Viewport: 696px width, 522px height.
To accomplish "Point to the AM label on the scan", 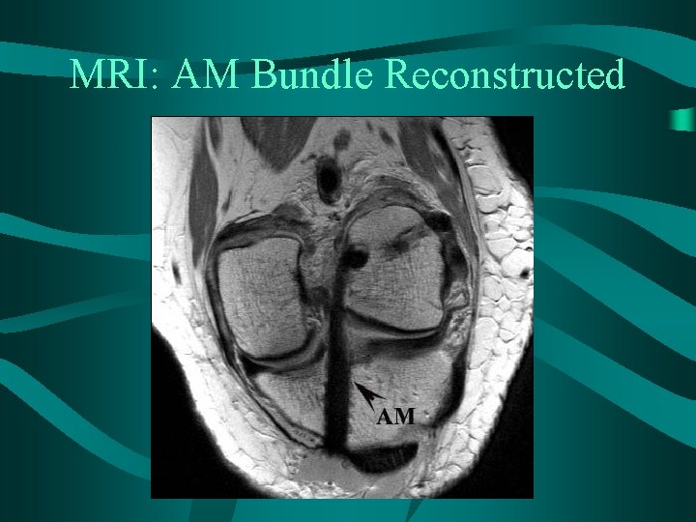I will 395,417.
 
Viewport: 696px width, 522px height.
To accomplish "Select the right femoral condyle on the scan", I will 396,271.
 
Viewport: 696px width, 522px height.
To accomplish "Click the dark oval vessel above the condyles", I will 330,180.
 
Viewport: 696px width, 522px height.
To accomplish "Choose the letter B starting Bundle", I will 262,73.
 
